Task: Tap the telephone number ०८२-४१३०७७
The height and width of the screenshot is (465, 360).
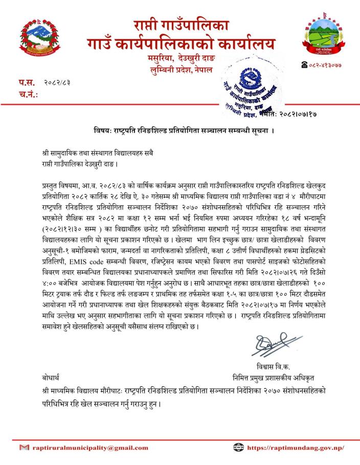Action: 325,65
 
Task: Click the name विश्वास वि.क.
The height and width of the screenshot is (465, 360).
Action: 272,366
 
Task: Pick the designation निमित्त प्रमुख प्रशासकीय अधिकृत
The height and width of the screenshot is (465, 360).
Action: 272,378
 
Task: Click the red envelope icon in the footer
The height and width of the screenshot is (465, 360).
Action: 24,448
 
